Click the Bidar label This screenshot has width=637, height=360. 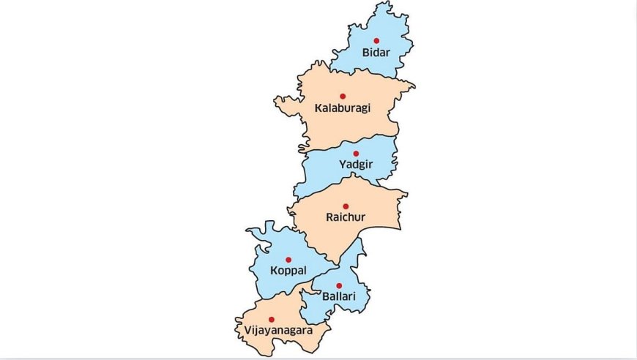tap(376, 53)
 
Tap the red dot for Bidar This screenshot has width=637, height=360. tap(376, 41)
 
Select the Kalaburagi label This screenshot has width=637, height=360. tap(343, 108)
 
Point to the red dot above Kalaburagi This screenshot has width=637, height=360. tap(342, 96)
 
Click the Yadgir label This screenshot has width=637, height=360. tap(356, 165)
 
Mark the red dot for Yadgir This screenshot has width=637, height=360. tap(356, 154)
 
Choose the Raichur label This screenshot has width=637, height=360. tap(346, 217)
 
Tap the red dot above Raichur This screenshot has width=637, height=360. tap(346, 206)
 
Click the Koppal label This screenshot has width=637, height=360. tap(288, 271)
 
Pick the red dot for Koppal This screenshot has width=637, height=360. tap(288, 259)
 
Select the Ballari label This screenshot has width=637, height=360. tap(338, 297)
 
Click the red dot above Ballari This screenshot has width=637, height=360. tap(338, 285)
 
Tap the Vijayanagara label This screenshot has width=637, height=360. tap(275, 331)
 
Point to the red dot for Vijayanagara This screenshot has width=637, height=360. tap(271, 319)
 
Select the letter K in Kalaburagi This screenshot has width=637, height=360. tap(318, 108)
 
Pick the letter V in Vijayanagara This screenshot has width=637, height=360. tap(242, 330)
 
